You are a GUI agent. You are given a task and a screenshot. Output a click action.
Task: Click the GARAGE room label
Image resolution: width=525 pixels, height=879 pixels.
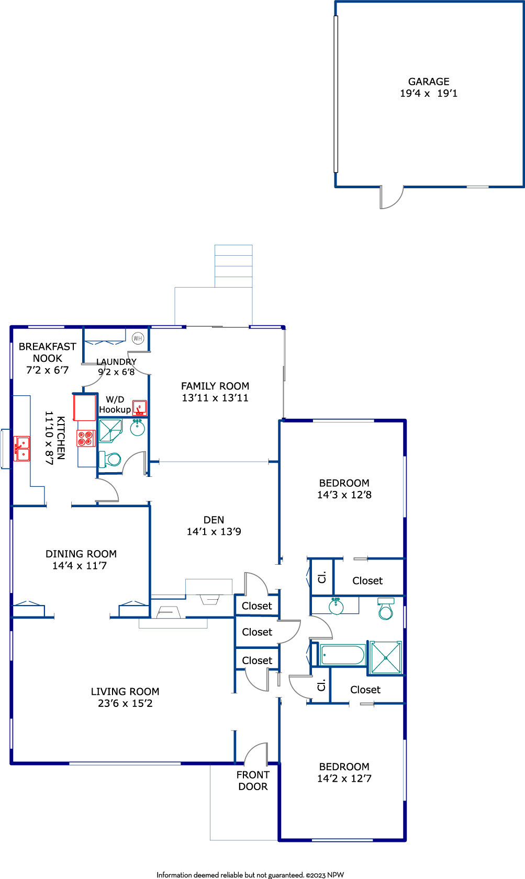428,82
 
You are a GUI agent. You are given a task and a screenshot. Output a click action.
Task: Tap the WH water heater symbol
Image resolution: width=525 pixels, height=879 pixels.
138,338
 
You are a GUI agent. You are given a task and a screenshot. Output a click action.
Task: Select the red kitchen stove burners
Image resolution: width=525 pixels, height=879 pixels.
86,438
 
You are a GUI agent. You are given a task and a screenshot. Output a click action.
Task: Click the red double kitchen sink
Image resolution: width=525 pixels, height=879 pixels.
21,449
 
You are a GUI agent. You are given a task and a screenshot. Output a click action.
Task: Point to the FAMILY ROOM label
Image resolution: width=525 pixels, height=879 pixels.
215,386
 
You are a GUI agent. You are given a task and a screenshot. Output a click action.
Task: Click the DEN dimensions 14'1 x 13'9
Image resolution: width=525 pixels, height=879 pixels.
214,532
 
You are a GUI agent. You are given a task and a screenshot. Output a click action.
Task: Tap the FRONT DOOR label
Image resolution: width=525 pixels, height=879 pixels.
253,781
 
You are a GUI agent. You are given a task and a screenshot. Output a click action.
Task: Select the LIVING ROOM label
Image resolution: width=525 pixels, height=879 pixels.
125,691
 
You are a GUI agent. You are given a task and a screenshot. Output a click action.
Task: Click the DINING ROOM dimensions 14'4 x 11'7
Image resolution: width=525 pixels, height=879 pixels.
80,565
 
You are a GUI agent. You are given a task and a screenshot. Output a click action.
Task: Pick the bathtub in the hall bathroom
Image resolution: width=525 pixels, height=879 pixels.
343,655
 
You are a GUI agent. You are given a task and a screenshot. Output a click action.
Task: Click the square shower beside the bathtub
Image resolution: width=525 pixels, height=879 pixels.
386,658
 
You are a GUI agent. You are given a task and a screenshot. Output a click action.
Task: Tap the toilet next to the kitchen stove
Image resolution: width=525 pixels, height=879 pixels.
109,459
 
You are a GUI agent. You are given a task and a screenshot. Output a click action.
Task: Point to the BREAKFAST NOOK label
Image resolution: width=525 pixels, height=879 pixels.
48,352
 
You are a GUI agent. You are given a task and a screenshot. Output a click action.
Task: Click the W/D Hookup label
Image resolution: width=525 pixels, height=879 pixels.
115,405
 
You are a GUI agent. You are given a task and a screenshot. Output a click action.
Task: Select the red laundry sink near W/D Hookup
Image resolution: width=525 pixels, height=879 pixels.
139,408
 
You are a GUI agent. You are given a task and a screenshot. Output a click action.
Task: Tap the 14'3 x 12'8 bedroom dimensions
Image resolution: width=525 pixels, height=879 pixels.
344,495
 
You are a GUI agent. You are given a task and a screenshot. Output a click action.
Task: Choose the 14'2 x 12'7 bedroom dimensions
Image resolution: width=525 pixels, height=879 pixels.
344,779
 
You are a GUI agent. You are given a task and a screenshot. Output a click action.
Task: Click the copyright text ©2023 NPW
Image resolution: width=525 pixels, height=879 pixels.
325,875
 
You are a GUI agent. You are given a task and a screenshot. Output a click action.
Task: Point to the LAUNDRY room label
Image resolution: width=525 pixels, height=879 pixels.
116,362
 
